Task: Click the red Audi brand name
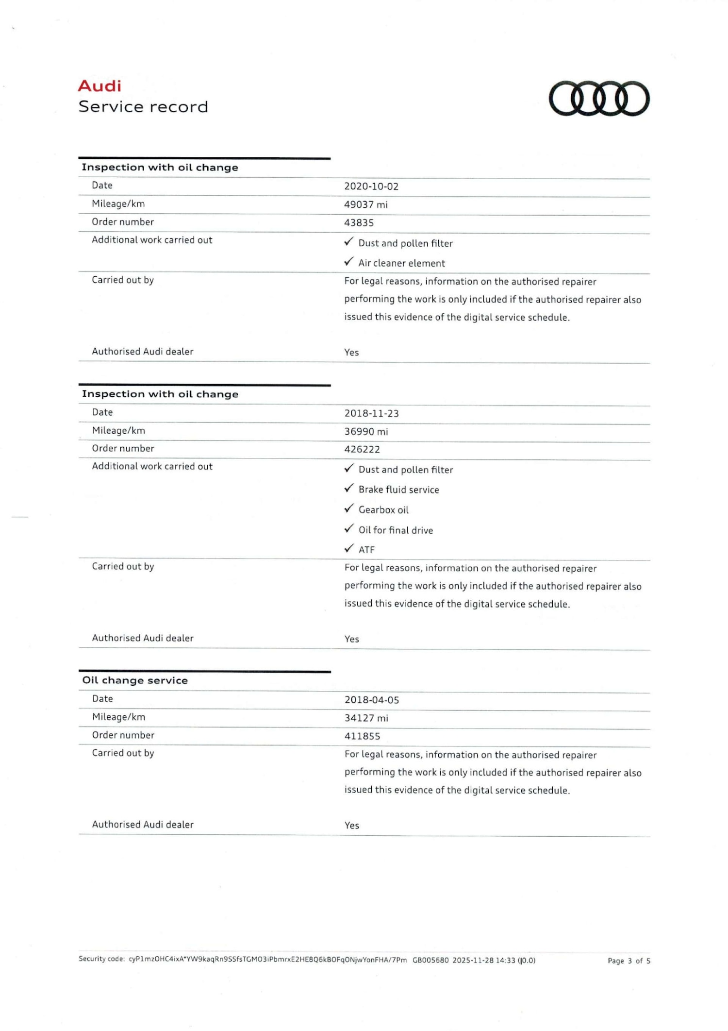99,86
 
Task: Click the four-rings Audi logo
599,99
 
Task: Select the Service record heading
143,107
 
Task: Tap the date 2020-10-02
371,186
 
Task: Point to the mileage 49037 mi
366,204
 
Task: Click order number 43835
359,223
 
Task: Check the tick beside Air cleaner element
349,262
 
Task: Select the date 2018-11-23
372,413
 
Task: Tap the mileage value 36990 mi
366,431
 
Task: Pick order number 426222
362,449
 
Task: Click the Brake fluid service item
398,490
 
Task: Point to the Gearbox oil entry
383,510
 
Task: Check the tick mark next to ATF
349,548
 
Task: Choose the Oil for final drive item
396,530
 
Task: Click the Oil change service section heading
135,680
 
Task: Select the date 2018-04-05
372,700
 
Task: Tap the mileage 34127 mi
366,718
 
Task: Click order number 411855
363,736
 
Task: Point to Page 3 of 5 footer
629,961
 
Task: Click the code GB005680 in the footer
430,960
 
